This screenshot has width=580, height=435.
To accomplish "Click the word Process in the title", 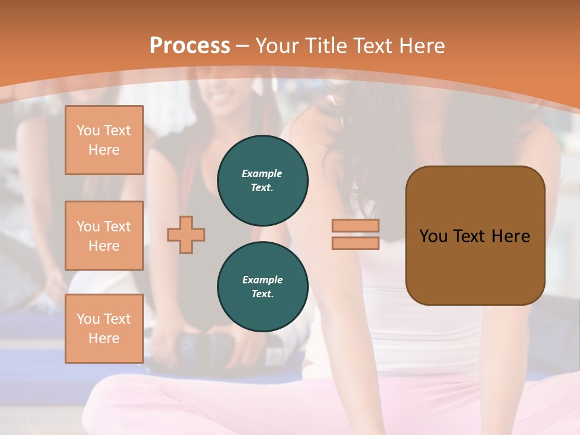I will [x=190, y=45].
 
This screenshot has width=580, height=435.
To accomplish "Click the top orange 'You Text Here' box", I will [x=104, y=140].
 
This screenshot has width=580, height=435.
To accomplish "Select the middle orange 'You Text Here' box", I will [x=104, y=236].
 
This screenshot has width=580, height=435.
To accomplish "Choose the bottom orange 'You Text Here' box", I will [x=104, y=329].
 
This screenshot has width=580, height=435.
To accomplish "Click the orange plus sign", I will [x=186, y=234].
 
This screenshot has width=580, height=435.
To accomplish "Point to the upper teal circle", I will [x=263, y=180].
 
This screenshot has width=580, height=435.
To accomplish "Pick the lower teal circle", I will [x=263, y=287].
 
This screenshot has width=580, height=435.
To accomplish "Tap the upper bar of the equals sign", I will [x=355, y=226].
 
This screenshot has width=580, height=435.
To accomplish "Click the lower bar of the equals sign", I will [x=355, y=243].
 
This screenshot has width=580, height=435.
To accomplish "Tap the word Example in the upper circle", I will [x=262, y=173].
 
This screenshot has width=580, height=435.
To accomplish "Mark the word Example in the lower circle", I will [x=262, y=280].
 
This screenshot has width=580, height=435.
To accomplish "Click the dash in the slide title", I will [x=242, y=46].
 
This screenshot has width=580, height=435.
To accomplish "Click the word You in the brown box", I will [x=433, y=236].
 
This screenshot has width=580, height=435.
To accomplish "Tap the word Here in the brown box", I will [x=511, y=236].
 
